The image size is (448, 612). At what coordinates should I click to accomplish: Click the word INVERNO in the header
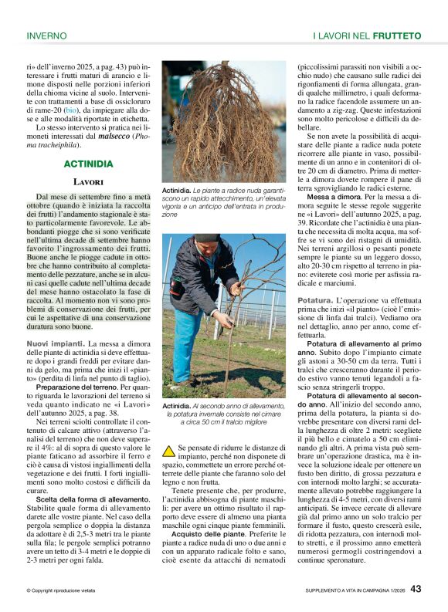tap(46, 36)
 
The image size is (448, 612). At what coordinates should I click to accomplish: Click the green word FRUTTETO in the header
tap(397, 36)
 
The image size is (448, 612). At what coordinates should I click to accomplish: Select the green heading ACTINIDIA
tap(88, 164)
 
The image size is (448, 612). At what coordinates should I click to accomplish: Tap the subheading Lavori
tap(88, 182)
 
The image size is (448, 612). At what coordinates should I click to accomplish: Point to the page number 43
tap(416, 589)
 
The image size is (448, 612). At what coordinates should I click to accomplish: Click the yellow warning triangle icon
tap(168, 451)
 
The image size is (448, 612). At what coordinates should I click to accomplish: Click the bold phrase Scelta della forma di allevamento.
tap(93, 499)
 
